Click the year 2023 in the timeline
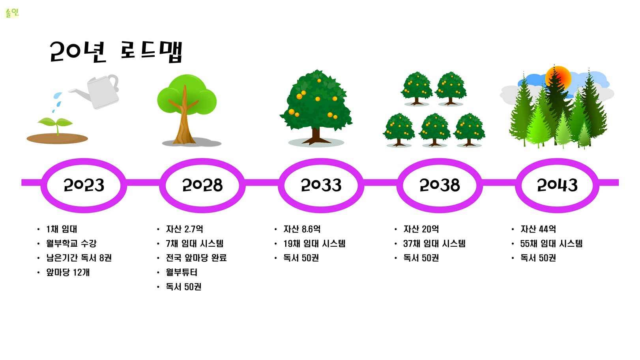[x=84, y=185]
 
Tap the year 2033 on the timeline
[x=321, y=185]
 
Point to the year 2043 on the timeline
[x=557, y=185]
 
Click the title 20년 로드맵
[x=116, y=51]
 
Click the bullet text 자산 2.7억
[x=185, y=229]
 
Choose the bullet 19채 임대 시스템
[x=314, y=244]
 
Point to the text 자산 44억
[x=538, y=229]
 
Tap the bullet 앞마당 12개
[x=68, y=272]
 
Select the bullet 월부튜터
[x=182, y=272]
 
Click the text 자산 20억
[x=421, y=229]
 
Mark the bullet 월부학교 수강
[x=71, y=244]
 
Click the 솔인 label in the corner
[x=12, y=13]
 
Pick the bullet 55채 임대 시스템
[x=551, y=244]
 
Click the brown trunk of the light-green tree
[x=184, y=120]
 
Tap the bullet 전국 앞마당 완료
[x=196, y=258]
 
